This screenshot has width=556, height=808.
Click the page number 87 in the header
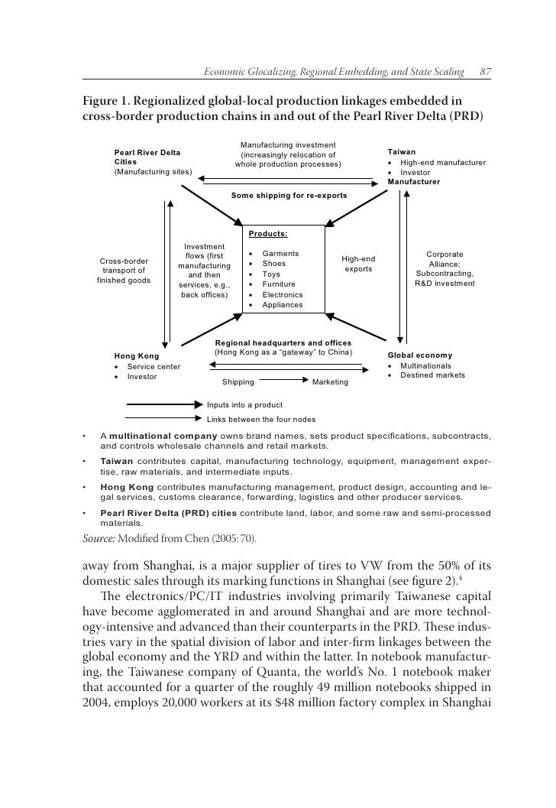click(484, 72)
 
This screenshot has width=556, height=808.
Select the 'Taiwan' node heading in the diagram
click(402, 152)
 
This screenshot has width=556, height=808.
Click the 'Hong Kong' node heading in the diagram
click(136, 355)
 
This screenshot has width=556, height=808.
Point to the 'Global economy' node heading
click(420, 355)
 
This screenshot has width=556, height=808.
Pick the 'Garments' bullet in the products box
click(280, 253)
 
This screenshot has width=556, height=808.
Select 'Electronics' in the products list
click(283, 294)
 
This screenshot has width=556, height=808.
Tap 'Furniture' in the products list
click(280, 284)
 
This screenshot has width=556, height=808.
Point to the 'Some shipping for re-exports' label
click(289, 196)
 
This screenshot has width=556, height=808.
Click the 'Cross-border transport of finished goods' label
click(124, 270)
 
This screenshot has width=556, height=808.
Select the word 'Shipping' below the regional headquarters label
click(238, 381)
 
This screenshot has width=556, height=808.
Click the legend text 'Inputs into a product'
click(245, 404)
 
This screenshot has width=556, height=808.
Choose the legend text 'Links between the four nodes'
click(261, 419)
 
